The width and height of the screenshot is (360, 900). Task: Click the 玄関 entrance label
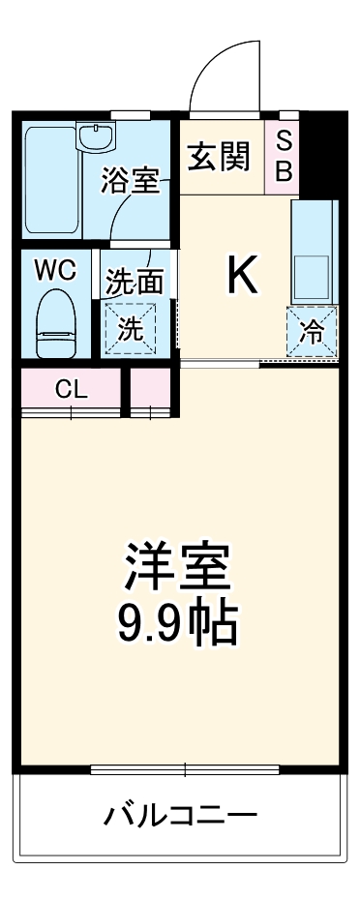[x=220, y=156]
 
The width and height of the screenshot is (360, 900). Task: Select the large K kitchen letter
[x=242, y=276]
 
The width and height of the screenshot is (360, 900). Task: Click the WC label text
[x=56, y=271]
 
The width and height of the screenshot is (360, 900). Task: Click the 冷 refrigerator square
[x=312, y=332]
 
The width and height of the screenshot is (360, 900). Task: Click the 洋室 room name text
[x=176, y=565]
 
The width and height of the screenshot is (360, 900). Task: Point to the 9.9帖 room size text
[x=176, y=624]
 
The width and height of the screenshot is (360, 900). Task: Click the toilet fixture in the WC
[x=55, y=324]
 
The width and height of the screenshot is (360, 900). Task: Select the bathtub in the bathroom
[x=50, y=179]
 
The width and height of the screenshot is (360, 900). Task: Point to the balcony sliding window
[x=183, y=770]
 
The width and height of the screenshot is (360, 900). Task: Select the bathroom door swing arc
[x=135, y=218]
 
